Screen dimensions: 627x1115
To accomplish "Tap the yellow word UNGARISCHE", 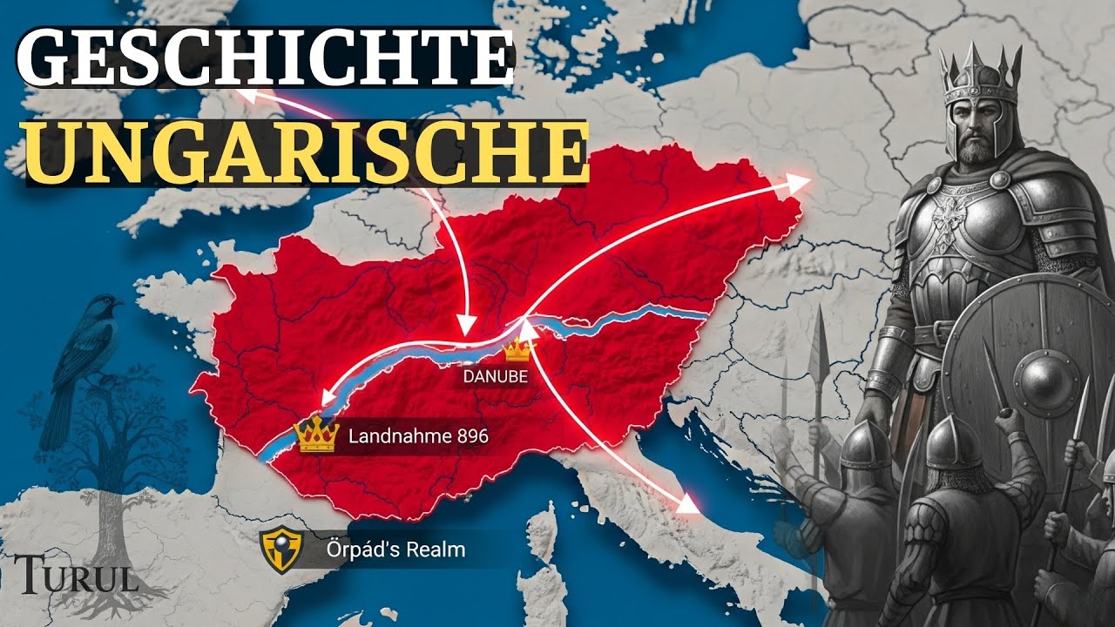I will click(x=305, y=152).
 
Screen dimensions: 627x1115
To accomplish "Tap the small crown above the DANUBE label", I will click(x=518, y=350).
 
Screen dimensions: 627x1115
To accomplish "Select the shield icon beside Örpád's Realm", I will click(x=276, y=548).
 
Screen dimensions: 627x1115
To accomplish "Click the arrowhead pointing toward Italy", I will click(x=691, y=503).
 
